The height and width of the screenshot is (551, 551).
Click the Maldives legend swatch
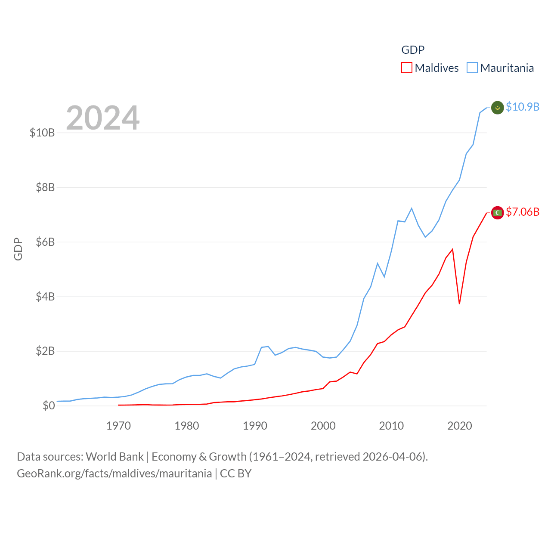407,68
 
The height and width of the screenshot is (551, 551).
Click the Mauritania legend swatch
472,68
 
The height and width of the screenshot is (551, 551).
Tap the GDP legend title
413,50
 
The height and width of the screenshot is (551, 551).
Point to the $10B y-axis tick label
42,133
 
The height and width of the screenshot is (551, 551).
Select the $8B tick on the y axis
45,187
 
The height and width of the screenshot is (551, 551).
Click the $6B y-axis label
45,242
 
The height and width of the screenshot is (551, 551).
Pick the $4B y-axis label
45,297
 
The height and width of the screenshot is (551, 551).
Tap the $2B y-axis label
45,351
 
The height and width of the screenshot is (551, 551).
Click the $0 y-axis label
49,406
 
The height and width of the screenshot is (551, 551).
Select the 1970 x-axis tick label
118,426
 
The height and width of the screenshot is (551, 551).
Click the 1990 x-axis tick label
255,426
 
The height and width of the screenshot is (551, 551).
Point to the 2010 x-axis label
391,426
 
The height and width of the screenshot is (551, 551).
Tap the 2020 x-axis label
460,426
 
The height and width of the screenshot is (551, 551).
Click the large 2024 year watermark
103,118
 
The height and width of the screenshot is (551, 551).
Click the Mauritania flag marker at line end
498,108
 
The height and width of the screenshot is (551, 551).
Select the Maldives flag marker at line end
498,213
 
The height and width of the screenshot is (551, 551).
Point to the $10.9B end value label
523,107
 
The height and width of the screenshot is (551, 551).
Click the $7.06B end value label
523,212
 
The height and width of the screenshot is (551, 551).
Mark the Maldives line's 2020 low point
459,304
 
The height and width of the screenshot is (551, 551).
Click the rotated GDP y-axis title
18,249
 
